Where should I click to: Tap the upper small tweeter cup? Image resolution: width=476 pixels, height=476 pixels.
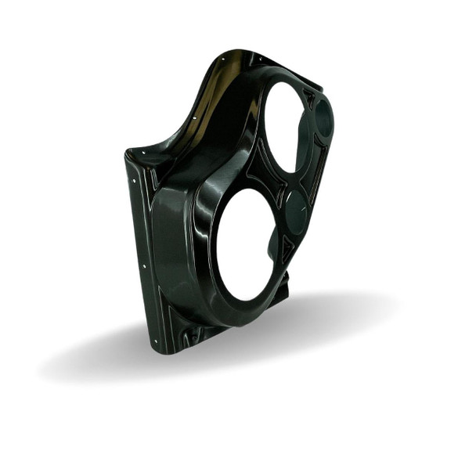(323, 118)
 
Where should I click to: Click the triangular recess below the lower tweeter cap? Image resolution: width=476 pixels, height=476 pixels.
(287, 249)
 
